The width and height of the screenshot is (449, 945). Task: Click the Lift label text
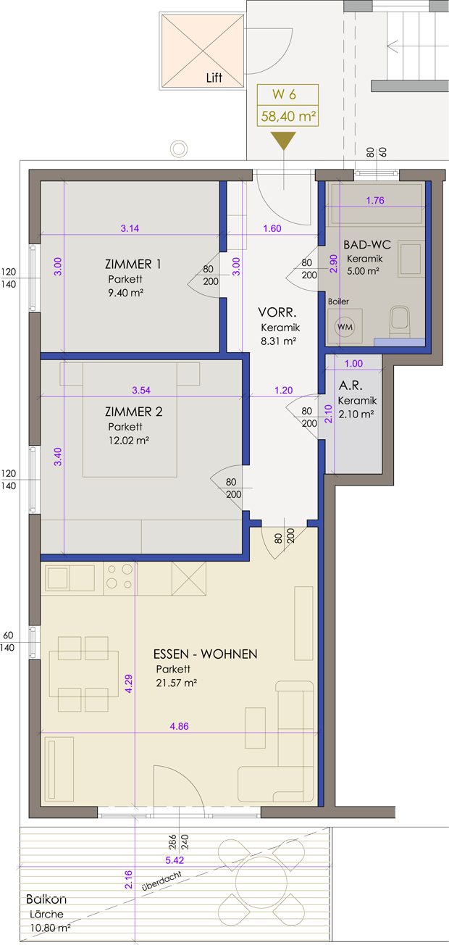214,78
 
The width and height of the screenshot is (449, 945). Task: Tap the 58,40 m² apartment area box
288,116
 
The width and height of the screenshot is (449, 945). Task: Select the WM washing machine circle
345,327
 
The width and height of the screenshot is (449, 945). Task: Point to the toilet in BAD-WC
400,322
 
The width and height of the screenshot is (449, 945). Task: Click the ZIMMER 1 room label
133,264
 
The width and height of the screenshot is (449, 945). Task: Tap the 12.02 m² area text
129,441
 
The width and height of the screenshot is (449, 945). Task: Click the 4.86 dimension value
179,726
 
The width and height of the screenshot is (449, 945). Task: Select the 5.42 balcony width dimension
175,859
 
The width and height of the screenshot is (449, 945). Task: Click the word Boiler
338,301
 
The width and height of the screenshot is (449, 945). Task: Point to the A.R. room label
351,385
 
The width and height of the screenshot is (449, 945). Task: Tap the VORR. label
277,312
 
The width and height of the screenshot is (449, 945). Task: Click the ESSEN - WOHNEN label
206,654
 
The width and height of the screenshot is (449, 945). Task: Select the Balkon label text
46,899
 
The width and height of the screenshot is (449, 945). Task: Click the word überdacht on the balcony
162,881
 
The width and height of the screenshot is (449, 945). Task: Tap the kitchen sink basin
57,578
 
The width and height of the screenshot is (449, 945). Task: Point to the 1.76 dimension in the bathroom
375,201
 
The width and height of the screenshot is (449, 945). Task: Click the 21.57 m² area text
176,683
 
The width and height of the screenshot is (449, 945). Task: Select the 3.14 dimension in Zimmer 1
130,228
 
